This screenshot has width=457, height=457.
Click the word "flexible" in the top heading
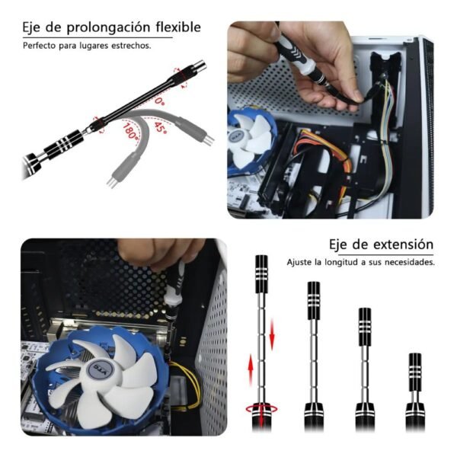pyautogui.click(x=178, y=27)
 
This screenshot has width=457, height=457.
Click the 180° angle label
pyautogui.click(x=130, y=131)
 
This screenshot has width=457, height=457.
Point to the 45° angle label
pyautogui.click(x=160, y=128)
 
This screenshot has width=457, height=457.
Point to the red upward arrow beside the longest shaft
pyautogui.click(x=251, y=369)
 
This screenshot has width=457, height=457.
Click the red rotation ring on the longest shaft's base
pyautogui.click(x=261, y=410)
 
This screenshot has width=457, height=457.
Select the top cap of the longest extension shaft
pyautogui.click(x=261, y=274)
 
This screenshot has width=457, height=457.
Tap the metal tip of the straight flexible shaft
pyautogui.click(x=199, y=66)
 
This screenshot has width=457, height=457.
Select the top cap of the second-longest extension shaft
pyautogui.click(x=314, y=301)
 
